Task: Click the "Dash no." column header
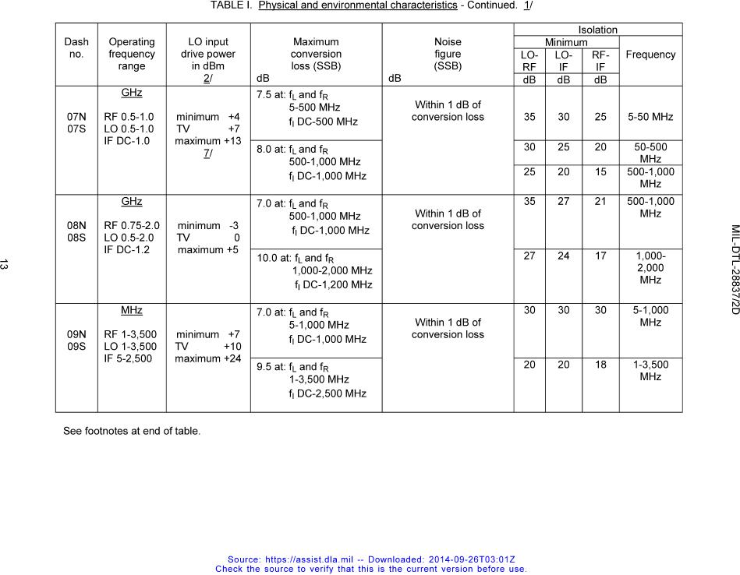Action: pos(76,48)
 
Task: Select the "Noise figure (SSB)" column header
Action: pos(448,54)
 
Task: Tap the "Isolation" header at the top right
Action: pos(597,30)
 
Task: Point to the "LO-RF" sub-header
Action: pos(529,61)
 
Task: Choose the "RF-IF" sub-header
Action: pos(600,61)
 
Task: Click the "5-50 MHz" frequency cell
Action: pos(650,117)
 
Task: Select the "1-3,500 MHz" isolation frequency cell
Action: pos(650,370)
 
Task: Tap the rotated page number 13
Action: pos(5,266)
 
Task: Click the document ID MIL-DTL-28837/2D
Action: pos(735,270)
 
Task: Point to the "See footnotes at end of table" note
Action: pos(132,430)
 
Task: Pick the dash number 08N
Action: pos(76,226)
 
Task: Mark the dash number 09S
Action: pos(76,347)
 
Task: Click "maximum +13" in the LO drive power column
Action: pos(208,141)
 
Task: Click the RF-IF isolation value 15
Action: pos(600,171)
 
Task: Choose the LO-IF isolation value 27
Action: pos(563,201)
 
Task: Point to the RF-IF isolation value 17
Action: pos(600,256)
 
